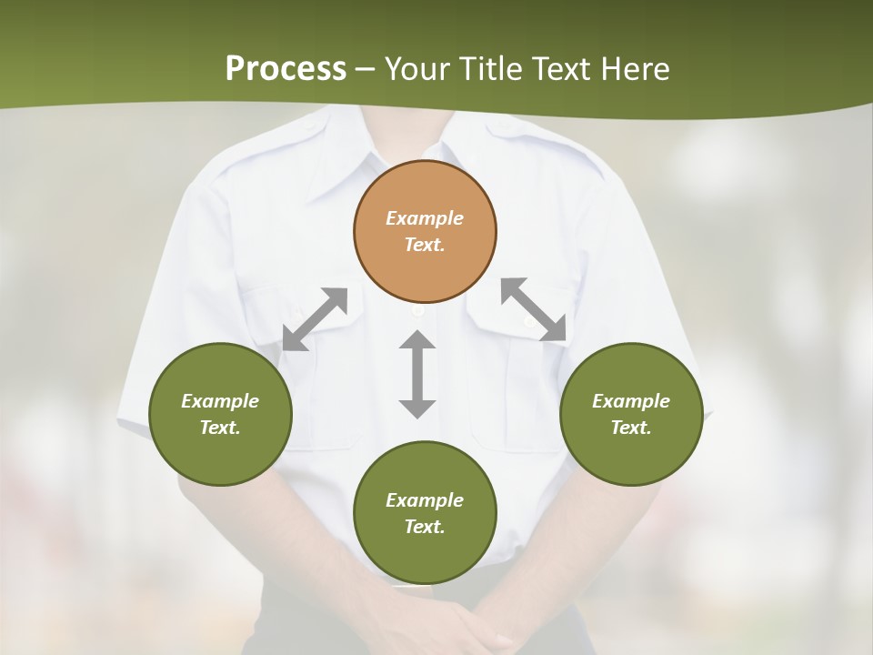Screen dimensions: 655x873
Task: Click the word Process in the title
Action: coord(286,69)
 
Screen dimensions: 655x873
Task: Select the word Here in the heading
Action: coord(633,69)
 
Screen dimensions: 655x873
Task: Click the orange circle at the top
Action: coord(425,231)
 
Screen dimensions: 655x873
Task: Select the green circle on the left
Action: coord(220,414)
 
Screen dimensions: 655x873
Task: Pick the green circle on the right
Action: coord(631,414)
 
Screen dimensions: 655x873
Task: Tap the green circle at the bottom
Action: coord(425,512)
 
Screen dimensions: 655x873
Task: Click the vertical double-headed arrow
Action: coord(417,374)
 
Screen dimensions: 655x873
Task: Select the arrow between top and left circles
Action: coord(315,318)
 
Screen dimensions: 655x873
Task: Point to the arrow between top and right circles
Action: coord(534,309)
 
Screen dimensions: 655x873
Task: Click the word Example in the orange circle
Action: coord(425,218)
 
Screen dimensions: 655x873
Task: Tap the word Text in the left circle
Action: coord(219,428)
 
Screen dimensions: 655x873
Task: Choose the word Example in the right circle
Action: coord(631,401)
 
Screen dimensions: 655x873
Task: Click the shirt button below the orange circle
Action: coord(417,311)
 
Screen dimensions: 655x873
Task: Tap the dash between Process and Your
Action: coord(366,69)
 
